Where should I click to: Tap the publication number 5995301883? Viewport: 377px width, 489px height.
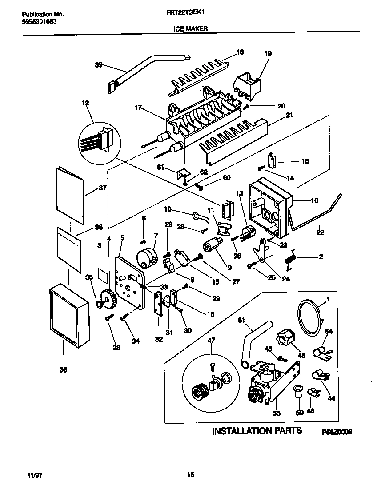39,21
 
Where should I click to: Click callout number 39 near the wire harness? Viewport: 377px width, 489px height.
99,65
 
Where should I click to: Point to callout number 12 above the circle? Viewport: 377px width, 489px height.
85,103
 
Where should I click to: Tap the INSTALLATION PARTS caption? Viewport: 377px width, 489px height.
257,430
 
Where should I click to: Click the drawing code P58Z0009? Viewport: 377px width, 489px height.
337,432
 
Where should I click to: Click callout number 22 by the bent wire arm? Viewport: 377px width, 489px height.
321,232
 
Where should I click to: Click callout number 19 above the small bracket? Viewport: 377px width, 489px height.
268,53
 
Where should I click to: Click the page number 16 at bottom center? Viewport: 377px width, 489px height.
190,474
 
